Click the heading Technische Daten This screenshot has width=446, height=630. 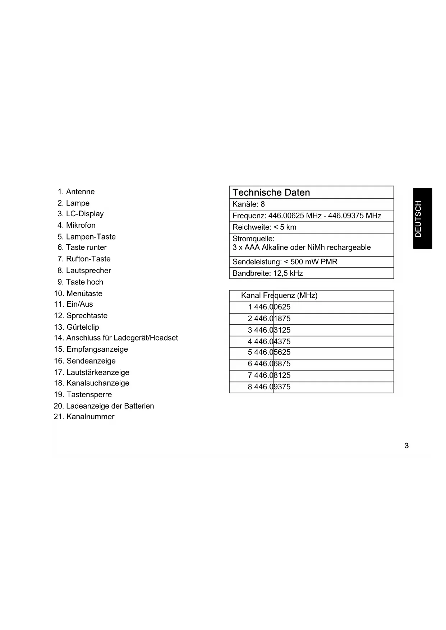[271, 193]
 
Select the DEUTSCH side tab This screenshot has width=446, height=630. [422, 218]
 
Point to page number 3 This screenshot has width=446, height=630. [406, 446]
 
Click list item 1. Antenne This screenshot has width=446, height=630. [76, 192]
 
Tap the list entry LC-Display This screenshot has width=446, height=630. [85, 214]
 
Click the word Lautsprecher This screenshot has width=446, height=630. [88, 270]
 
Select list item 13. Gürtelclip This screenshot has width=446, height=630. [77, 327]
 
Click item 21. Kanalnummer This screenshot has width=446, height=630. [84, 417]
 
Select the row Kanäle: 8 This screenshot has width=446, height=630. [249, 204]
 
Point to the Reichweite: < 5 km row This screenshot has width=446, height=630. [265, 227]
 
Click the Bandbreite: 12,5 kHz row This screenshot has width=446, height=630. [268, 273]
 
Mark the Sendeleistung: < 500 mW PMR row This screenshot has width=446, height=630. [285, 262]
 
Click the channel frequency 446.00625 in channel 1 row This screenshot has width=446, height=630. [272, 307]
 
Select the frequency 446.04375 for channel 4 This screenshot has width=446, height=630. [272, 342]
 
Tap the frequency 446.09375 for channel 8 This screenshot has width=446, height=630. [272, 387]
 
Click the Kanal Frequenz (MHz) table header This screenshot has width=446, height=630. [279, 296]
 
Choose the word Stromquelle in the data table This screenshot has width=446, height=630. [253, 239]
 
